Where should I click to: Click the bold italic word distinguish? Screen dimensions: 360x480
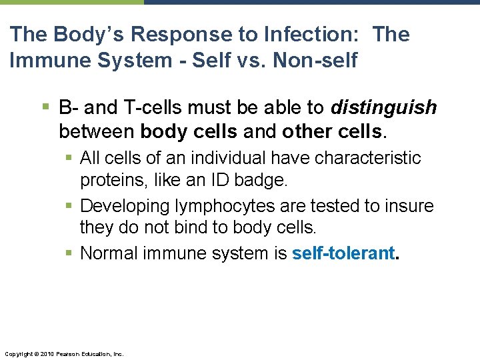coord(384,107)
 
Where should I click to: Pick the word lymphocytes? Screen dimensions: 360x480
coord(224,206)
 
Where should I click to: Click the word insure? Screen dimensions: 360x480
coord(409,206)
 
